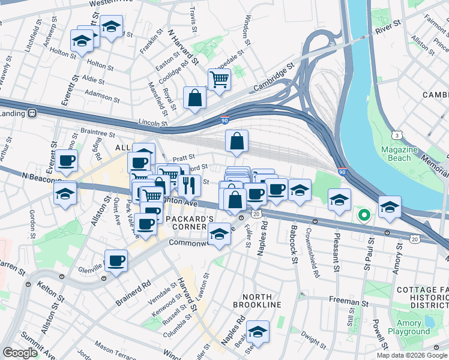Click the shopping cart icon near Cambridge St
[219, 79]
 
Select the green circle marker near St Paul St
[363, 214]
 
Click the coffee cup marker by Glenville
[116, 261]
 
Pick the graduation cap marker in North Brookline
[258, 331]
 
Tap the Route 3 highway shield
[397, 136]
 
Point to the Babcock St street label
[295, 251]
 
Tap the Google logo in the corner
[20, 353]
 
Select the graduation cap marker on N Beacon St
[65, 193]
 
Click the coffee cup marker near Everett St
[67, 161]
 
